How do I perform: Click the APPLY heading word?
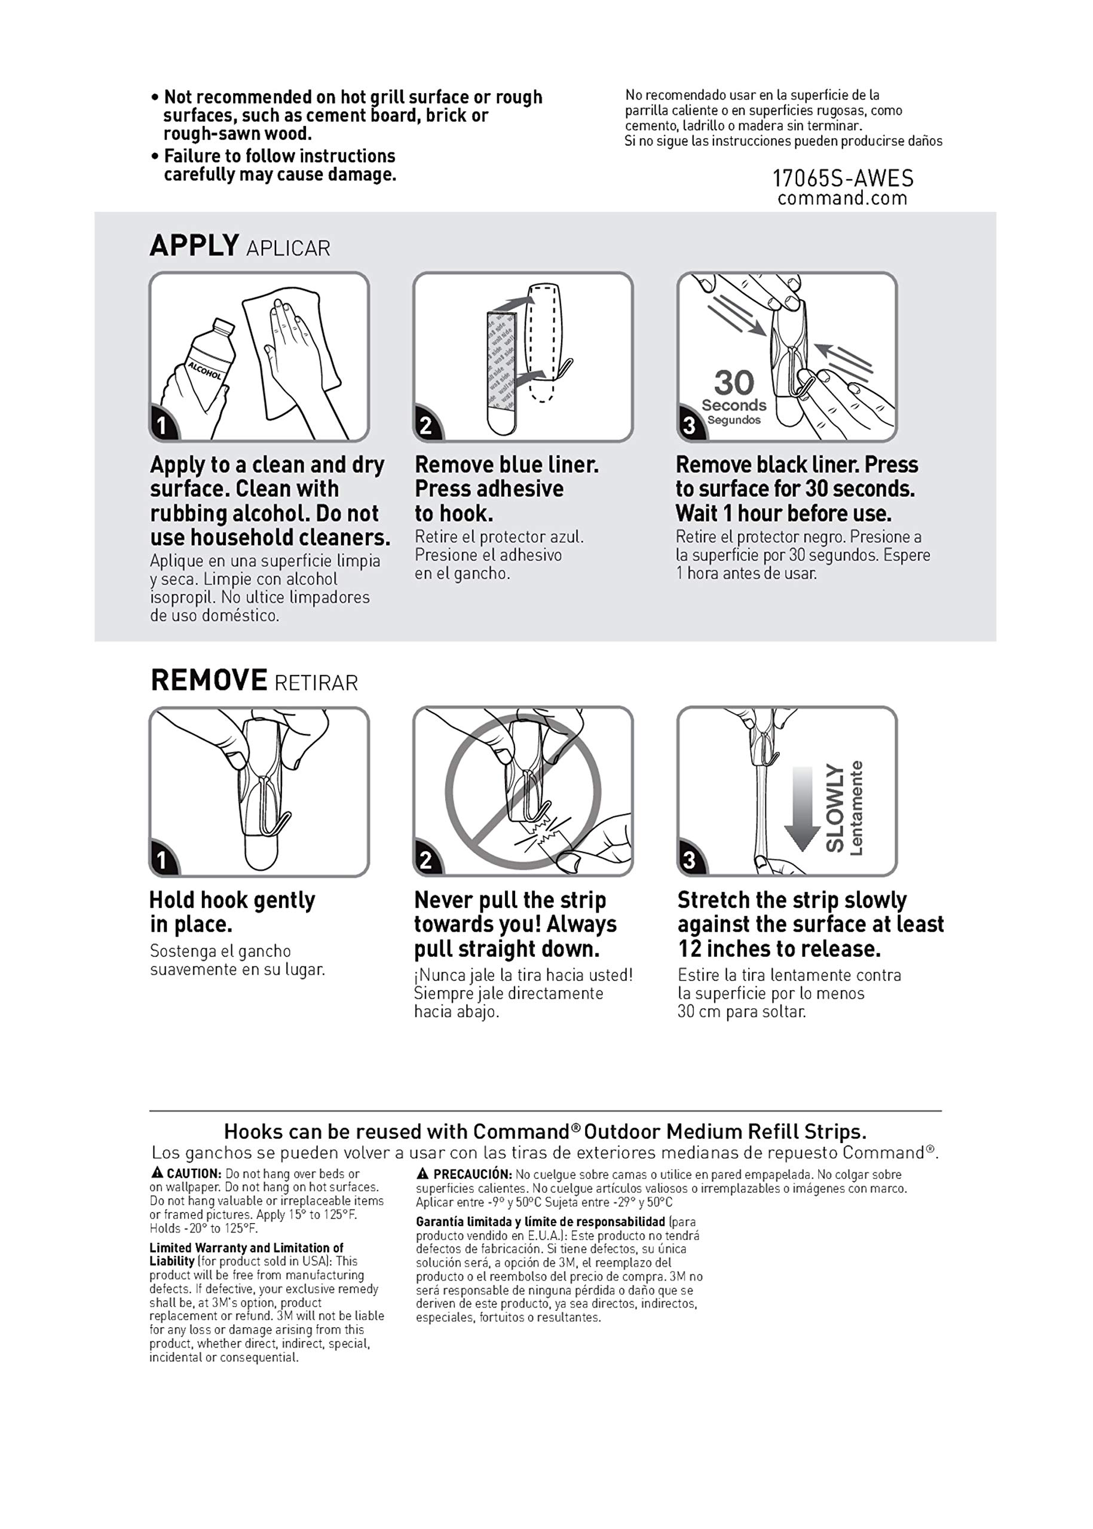(194, 245)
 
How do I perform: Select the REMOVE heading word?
(209, 680)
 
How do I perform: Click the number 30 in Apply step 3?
(734, 383)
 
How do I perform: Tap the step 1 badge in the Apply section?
(161, 425)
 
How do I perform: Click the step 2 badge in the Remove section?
(426, 860)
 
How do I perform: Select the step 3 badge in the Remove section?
(690, 860)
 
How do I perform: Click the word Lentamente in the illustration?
(856, 808)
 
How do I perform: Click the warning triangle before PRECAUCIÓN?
(422, 1174)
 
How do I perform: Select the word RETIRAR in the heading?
(316, 683)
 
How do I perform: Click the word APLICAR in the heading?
(288, 248)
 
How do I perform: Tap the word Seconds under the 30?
(734, 406)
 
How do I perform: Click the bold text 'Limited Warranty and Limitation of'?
(246, 1248)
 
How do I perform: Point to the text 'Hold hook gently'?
(232, 900)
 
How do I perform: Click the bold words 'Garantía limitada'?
(455, 1221)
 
